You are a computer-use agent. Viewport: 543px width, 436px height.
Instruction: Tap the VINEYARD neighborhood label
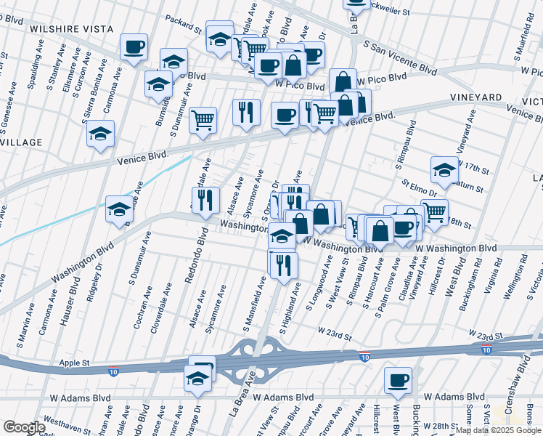point(476,97)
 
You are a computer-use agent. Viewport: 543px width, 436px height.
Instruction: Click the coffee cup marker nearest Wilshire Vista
point(134,48)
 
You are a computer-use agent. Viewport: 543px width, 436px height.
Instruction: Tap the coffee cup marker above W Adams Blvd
point(398,380)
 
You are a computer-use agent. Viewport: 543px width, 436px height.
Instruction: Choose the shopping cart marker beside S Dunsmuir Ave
point(203,120)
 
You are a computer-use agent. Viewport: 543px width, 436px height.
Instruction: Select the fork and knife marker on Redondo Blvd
point(206,199)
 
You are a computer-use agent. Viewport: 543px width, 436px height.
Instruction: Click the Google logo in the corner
point(24,427)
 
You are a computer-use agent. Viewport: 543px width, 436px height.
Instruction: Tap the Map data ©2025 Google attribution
point(497,430)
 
